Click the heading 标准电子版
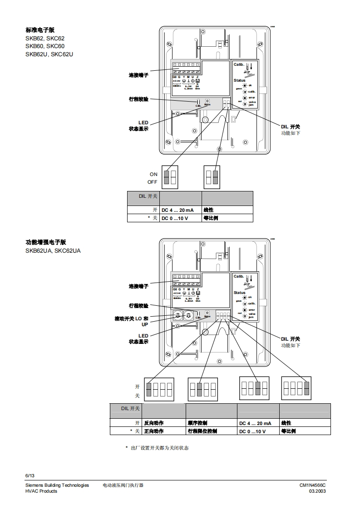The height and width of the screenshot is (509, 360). point(40,30)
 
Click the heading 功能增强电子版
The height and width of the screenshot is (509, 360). point(46,242)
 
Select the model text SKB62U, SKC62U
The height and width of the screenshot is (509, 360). point(49,54)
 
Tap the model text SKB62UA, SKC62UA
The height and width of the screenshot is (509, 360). point(53,250)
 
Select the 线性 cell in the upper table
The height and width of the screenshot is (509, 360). point(209,210)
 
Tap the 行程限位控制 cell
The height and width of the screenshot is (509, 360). point(202,431)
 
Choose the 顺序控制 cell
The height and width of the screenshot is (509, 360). point(197,423)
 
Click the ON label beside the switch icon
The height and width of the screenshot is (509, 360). point(153,174)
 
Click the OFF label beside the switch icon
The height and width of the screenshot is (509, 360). point(152,182)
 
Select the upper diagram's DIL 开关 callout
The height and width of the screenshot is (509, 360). point(290,127)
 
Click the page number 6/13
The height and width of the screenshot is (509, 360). point(30,475)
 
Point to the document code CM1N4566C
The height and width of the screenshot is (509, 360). point(312,485)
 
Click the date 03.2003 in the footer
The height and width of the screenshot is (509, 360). point(317,491)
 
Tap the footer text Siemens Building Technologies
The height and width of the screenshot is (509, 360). point(57,485)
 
